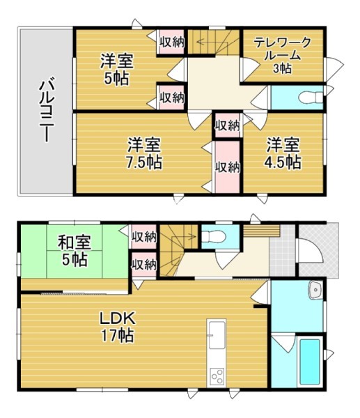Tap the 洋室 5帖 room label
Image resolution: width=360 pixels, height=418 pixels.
pyautogui.click(x=117, y=69)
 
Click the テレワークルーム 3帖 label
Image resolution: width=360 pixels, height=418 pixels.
pyautogui.click(x=283, y=55)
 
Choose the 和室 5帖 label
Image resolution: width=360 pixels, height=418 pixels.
pyautogui.click(x=75, y=251)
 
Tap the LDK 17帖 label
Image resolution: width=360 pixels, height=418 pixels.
pyautogui.click(x=118, y=327)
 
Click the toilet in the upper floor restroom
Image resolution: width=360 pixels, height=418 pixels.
pyautogui.click(x=311, y=97)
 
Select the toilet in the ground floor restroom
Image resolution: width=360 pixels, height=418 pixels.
pyautogui.click(x=214, y=236)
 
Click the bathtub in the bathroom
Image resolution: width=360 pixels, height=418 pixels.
pyautogui.click(x=310, y=362)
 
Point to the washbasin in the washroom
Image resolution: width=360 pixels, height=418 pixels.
pyautogui.click(x=315, y=290)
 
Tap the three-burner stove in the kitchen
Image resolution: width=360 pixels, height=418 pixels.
pyautogui.click(x=217, y=376)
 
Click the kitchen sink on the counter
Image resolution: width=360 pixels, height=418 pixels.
pyautogui.click(x=217, y=335)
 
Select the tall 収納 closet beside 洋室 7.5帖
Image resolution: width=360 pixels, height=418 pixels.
pyautogui.click(x=228, y=167)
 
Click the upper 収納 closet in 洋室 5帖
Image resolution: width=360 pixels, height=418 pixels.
pyautogui.click(x=172, y=42)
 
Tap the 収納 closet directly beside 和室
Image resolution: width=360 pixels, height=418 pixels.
pyautogui.click(x=144, y=236)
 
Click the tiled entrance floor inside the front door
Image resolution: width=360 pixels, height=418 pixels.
pyautogui.click(x=282, y=251)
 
